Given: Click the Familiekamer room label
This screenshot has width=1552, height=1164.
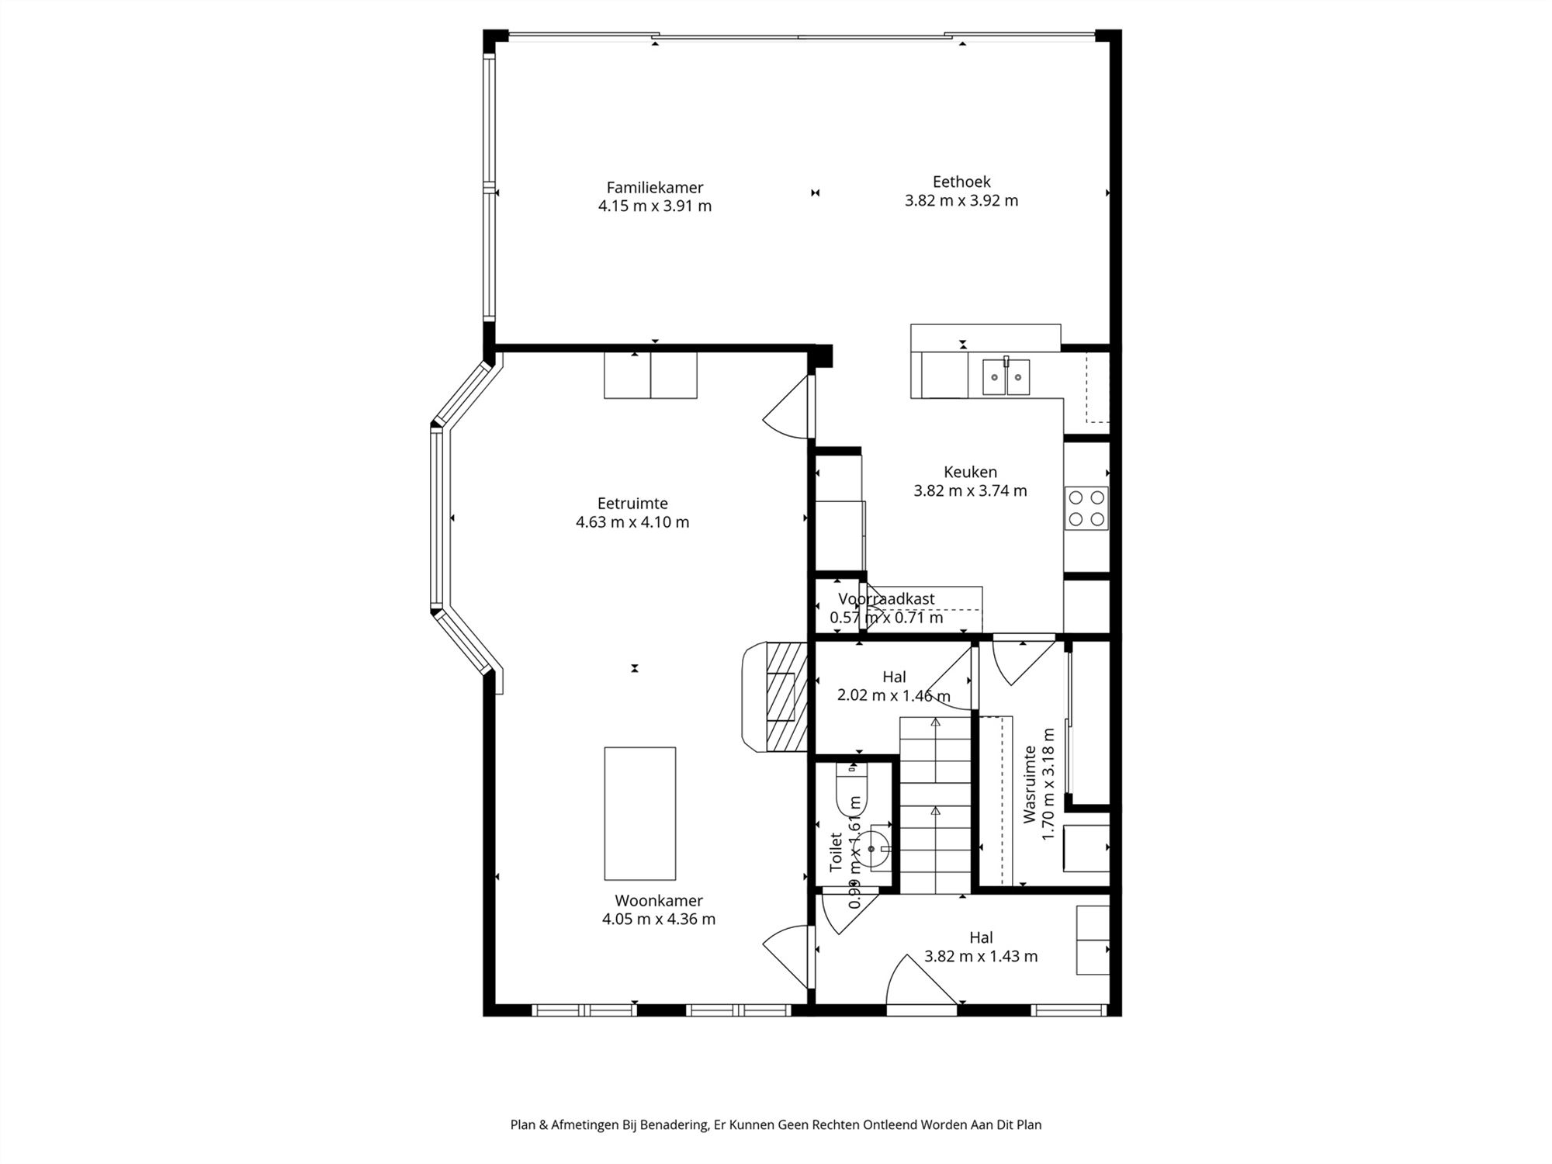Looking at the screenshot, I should point(654,188).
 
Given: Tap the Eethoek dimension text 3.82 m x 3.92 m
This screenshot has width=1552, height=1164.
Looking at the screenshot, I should point(961,200).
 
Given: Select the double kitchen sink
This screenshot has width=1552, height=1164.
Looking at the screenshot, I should point(1006,377).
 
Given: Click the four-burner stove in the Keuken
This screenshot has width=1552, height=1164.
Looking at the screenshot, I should point(1086,508).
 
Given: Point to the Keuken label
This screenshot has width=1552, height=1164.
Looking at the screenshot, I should point(970,472).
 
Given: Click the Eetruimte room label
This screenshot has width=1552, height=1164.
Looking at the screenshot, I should point(632,504).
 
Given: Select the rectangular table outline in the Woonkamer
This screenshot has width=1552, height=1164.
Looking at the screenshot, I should point(639,812).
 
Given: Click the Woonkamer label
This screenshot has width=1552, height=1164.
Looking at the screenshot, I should point(659,901).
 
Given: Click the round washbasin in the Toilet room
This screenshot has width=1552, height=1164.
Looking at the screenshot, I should point(873,849).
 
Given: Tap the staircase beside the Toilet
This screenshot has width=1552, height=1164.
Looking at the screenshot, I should point(935,807).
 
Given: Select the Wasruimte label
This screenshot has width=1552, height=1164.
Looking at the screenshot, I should point(1030,784).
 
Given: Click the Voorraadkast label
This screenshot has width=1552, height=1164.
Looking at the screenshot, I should point(886,599).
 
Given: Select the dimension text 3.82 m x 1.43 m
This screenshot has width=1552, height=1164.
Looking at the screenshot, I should point(980,956).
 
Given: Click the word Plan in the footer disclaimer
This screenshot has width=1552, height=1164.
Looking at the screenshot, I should point(522,1124).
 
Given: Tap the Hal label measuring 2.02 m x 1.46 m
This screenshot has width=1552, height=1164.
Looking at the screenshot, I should point(894,677).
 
